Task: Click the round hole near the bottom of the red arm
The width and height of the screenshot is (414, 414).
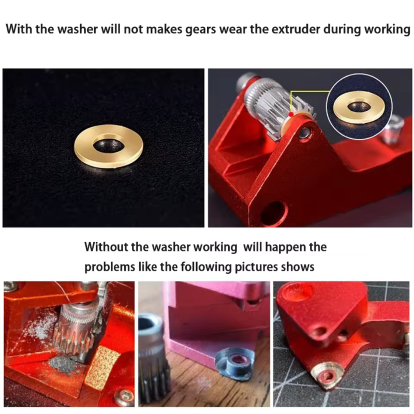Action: (274, 212)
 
